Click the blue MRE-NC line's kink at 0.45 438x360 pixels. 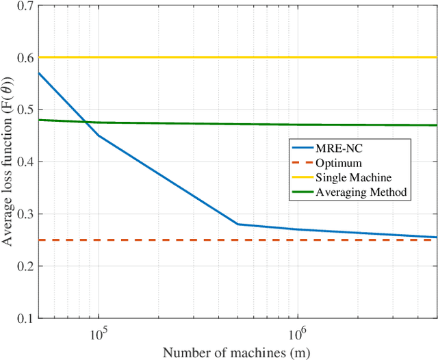99,136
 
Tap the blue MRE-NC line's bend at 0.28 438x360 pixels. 237,224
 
